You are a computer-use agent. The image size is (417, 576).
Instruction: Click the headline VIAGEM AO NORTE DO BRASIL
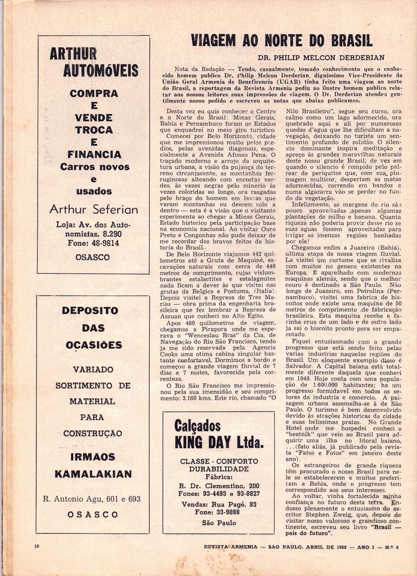(x=281, y=41)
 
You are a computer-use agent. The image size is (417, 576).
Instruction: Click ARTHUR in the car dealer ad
(x=73, y=54)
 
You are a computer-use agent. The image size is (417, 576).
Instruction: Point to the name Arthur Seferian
(x=94, y=209)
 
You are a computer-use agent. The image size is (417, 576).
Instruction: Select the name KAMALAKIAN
(x=93, y=474)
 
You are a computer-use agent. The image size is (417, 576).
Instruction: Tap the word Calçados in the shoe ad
(x=198, y=425)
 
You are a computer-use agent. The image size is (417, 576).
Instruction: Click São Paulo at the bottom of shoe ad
(x=218, y=523)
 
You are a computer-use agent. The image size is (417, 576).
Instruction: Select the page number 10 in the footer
(x=36, y=546)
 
